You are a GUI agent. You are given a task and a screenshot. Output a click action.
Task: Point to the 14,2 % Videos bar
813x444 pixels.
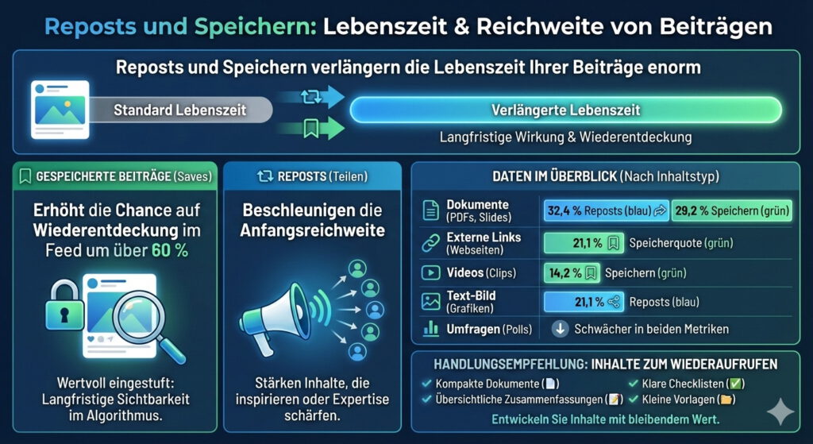[572, 273]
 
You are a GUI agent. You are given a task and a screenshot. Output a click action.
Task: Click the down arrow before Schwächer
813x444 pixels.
[560, 328]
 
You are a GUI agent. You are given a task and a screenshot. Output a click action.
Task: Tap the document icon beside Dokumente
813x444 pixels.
[430, 210]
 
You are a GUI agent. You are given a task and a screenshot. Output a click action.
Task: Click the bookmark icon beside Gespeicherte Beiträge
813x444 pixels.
[25, 176]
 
